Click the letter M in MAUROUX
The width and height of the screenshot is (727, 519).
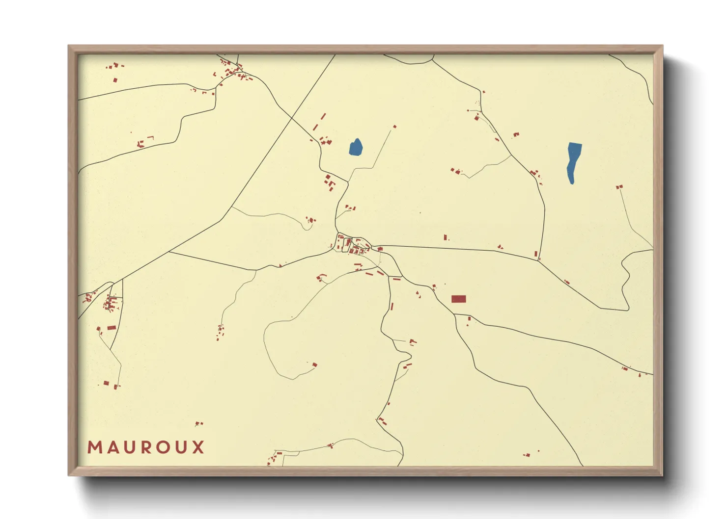(x=94, y=447)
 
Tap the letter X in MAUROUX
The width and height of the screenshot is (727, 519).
(x=198, y=447)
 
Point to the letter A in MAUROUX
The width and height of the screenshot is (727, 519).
(x=112, y=447)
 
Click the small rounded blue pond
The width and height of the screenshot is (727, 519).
(x=356, y=147)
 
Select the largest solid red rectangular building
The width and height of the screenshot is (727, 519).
(x=458, y=299)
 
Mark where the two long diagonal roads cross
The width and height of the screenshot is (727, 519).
(x=292, y=117)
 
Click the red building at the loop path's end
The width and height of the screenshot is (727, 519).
(x=314, y=364)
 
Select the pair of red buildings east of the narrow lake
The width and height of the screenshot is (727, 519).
(x=619, y=187)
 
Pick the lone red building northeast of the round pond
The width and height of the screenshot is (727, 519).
(x=394, y=127)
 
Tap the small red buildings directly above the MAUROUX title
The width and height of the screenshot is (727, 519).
(x=198, y=423)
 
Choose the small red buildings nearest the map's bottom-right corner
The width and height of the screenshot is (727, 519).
(x=528, y=455)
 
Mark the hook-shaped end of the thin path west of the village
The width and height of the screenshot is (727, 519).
(x=308, y=223)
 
